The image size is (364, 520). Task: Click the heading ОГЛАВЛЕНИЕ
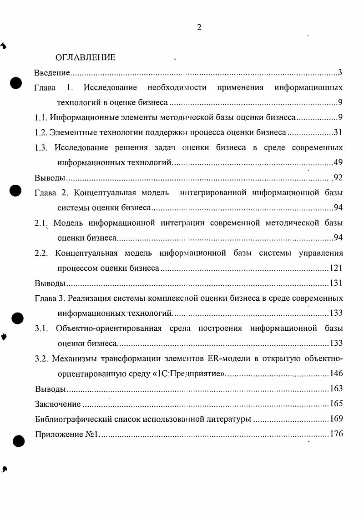[85, 57]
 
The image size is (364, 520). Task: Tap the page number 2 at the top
[199, 27]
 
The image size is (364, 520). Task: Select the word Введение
[52, 72]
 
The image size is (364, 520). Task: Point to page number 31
[338, 132]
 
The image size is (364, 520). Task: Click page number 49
[338, 162]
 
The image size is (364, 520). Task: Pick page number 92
[338, 177]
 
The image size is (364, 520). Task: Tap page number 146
[336, 374]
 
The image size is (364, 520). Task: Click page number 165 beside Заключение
[336, 404]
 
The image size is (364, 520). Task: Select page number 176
[336, 434]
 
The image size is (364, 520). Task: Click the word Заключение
[58, 404]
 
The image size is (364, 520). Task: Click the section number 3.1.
[42, 328]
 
